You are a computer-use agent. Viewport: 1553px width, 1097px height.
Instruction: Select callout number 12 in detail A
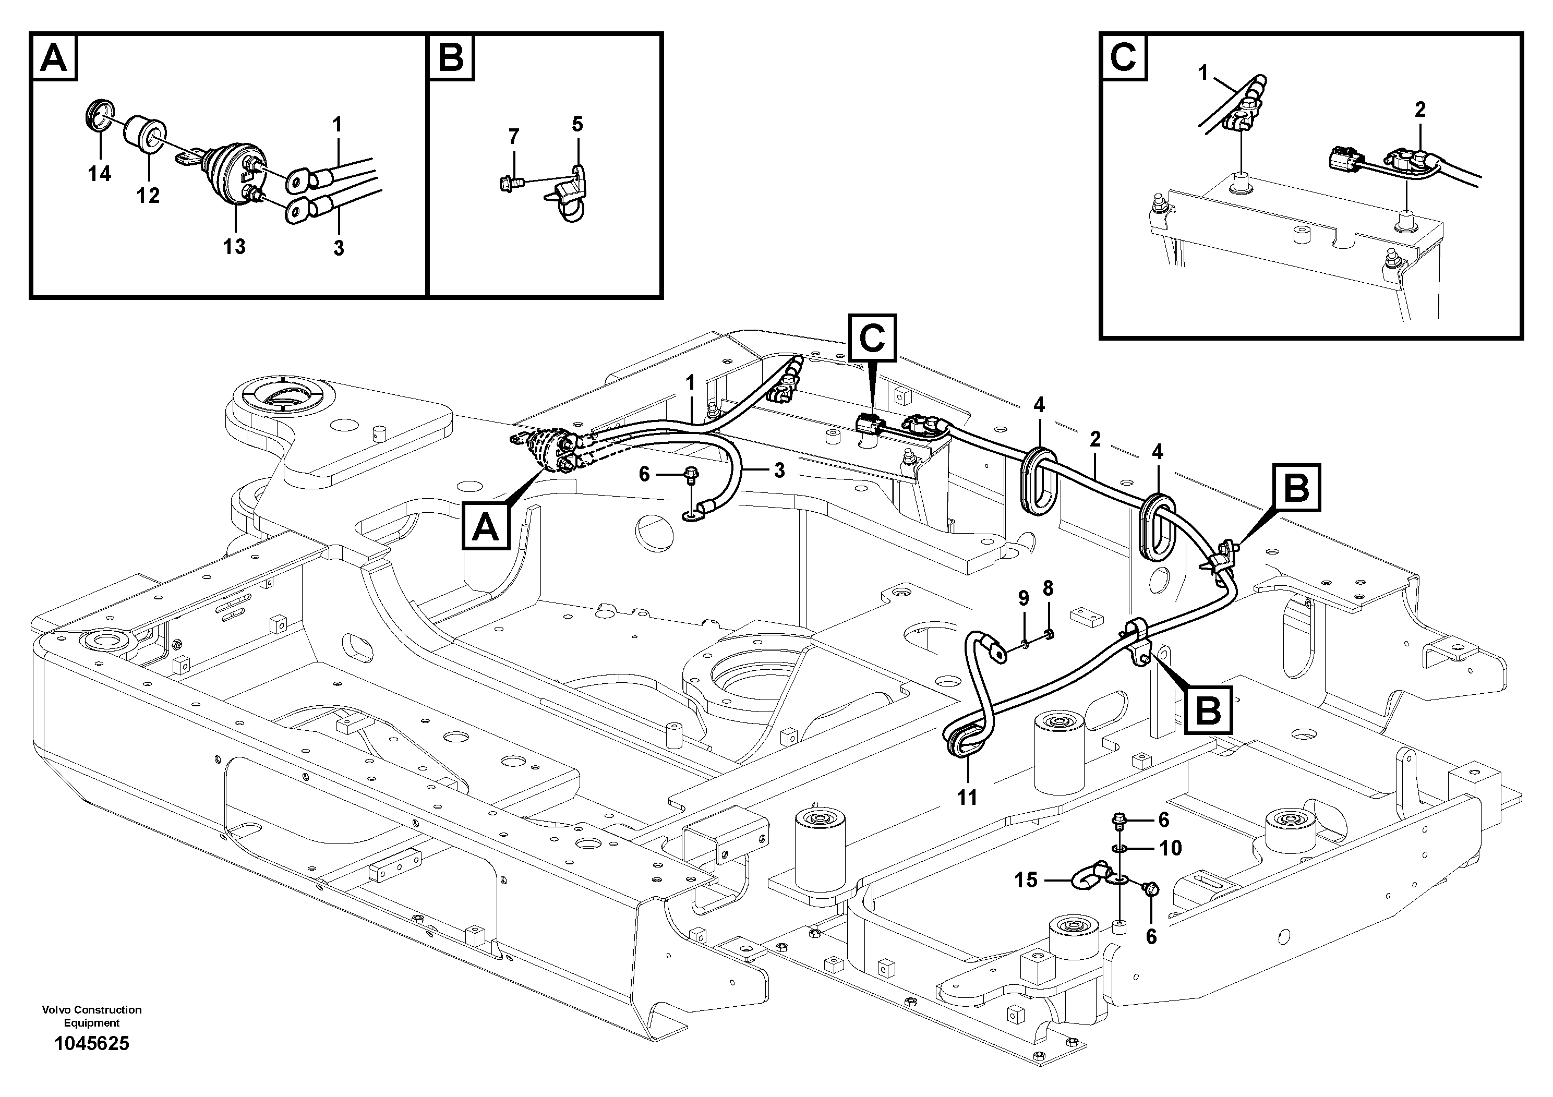point(148,196)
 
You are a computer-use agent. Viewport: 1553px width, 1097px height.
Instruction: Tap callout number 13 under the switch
point(235,246)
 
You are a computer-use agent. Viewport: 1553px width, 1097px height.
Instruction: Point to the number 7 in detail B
point(513,138)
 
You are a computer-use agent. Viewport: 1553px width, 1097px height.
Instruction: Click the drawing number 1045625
point(91,1044)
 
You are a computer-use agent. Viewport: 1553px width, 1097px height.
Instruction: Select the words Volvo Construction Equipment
point(91,1016)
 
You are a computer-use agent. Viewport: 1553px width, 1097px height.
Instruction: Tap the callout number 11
point(967,798)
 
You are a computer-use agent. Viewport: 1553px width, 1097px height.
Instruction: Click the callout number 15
point(1026,880)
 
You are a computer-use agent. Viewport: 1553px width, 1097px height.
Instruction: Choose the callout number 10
point(1171,848)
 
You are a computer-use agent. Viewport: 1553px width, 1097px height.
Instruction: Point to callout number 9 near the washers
point(1024,598)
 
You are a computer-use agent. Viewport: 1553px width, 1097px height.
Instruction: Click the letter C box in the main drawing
point(872,337)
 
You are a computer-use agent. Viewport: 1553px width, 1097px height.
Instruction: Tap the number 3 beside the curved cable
point(779,471)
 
